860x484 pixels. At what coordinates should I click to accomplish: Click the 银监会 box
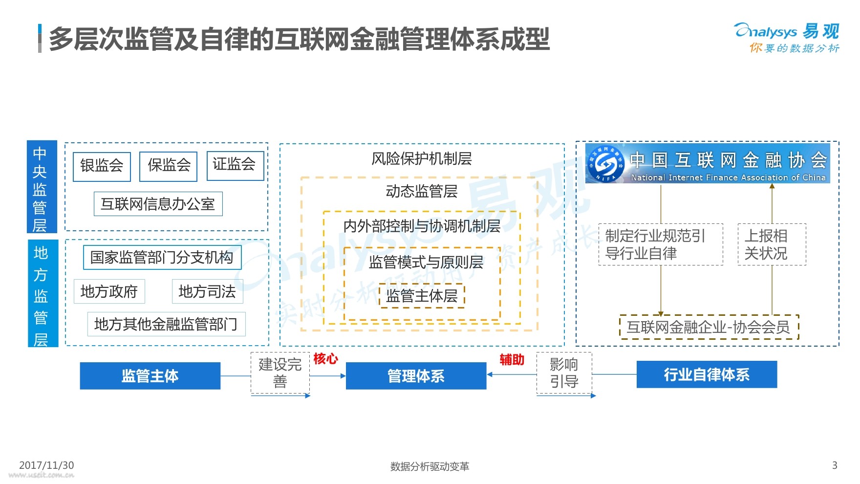[x=102, y=166]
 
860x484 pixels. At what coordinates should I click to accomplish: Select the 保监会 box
[x=169, y=166]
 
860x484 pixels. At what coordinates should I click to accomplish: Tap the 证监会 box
[x=235, y=165]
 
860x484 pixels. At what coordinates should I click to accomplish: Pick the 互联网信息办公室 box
[x=158, y=204]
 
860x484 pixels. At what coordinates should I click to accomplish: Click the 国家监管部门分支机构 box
[x=162, y=257]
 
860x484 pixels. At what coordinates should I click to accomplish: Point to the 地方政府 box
[x=109, y=291]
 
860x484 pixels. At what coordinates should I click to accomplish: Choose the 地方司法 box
[x=207, y=291]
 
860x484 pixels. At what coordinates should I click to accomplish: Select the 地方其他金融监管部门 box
[x=166, y=324]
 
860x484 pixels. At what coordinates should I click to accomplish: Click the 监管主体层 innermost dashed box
[x=422, y=296]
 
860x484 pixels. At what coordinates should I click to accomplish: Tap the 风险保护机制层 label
[x=422, y=159]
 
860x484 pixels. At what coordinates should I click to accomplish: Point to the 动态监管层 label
[x=422, y=191]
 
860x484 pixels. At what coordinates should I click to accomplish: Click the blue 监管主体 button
[x=150, y=376]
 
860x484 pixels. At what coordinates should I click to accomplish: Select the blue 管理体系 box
[x=416, y=376]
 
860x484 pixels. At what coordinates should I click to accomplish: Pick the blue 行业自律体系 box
[x=707, y=374]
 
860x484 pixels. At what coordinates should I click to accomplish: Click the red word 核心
[x=325, y=359]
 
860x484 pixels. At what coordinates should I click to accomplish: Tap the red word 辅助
[x=512, y=360]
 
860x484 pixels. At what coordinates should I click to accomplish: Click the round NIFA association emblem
[x=606, y=164]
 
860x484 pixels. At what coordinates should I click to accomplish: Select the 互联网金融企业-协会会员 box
[x=709, y=327]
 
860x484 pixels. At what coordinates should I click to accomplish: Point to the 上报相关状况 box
[x=772, y=244]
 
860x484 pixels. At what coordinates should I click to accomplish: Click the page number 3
[x=835, y=465]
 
